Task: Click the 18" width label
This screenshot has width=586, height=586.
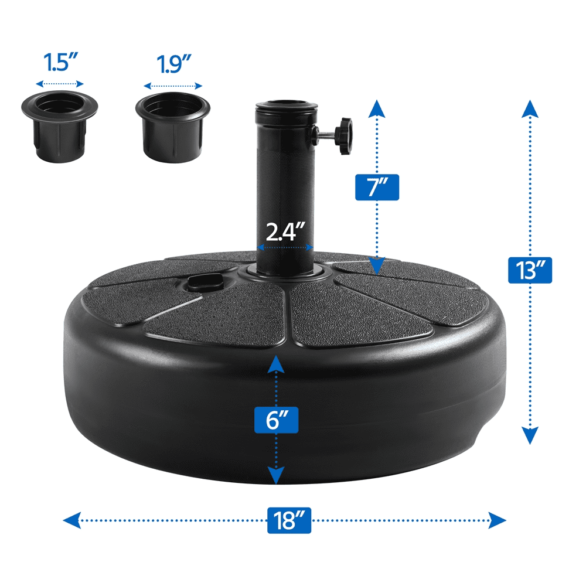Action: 289,520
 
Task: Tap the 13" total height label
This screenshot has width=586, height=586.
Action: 530,270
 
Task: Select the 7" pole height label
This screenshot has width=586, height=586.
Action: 377,188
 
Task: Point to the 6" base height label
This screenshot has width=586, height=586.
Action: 276,420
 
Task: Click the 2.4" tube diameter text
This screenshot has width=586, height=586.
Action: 285,231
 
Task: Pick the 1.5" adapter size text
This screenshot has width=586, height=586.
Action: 60,62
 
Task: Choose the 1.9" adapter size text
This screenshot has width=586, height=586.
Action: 173,64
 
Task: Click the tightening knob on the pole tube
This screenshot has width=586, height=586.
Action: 343,136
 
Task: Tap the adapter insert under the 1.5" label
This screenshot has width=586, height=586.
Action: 59,127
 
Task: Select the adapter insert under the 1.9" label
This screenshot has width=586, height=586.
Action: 173,127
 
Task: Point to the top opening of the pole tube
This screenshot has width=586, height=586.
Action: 286,104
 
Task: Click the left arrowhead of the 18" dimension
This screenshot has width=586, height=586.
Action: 71,520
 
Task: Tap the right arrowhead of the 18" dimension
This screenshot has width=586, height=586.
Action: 497,520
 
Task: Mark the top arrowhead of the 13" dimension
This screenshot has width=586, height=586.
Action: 530,109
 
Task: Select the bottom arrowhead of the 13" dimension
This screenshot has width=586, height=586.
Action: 530,435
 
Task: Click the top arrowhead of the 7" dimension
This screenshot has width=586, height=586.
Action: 377,109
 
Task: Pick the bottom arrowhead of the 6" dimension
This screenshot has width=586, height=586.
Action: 276,475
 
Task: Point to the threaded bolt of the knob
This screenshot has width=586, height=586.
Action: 326,135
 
